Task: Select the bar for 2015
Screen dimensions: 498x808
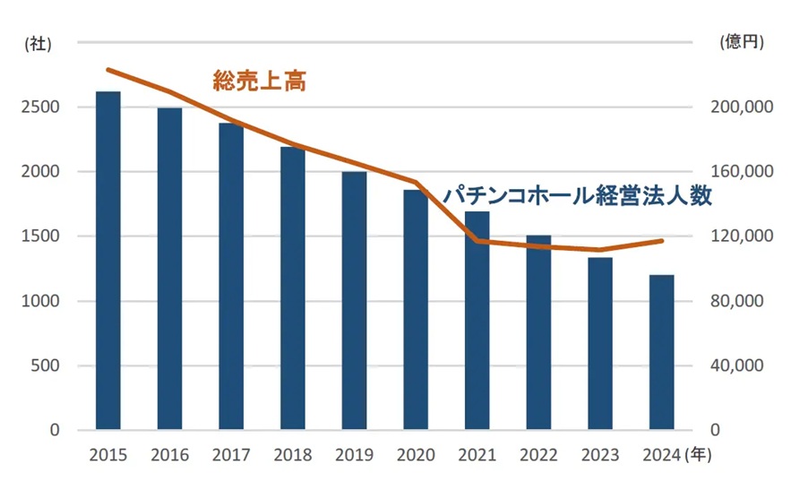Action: pos(107,261)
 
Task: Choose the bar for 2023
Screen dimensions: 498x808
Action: pos(600,344)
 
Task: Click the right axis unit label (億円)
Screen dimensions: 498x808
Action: pos(742,42)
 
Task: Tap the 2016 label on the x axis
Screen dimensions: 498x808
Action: pos(169,455)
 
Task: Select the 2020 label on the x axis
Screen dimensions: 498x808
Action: pos(416,455)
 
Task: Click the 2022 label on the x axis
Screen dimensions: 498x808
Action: pos(538,455)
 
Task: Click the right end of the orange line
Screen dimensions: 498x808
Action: pos(661,241)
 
